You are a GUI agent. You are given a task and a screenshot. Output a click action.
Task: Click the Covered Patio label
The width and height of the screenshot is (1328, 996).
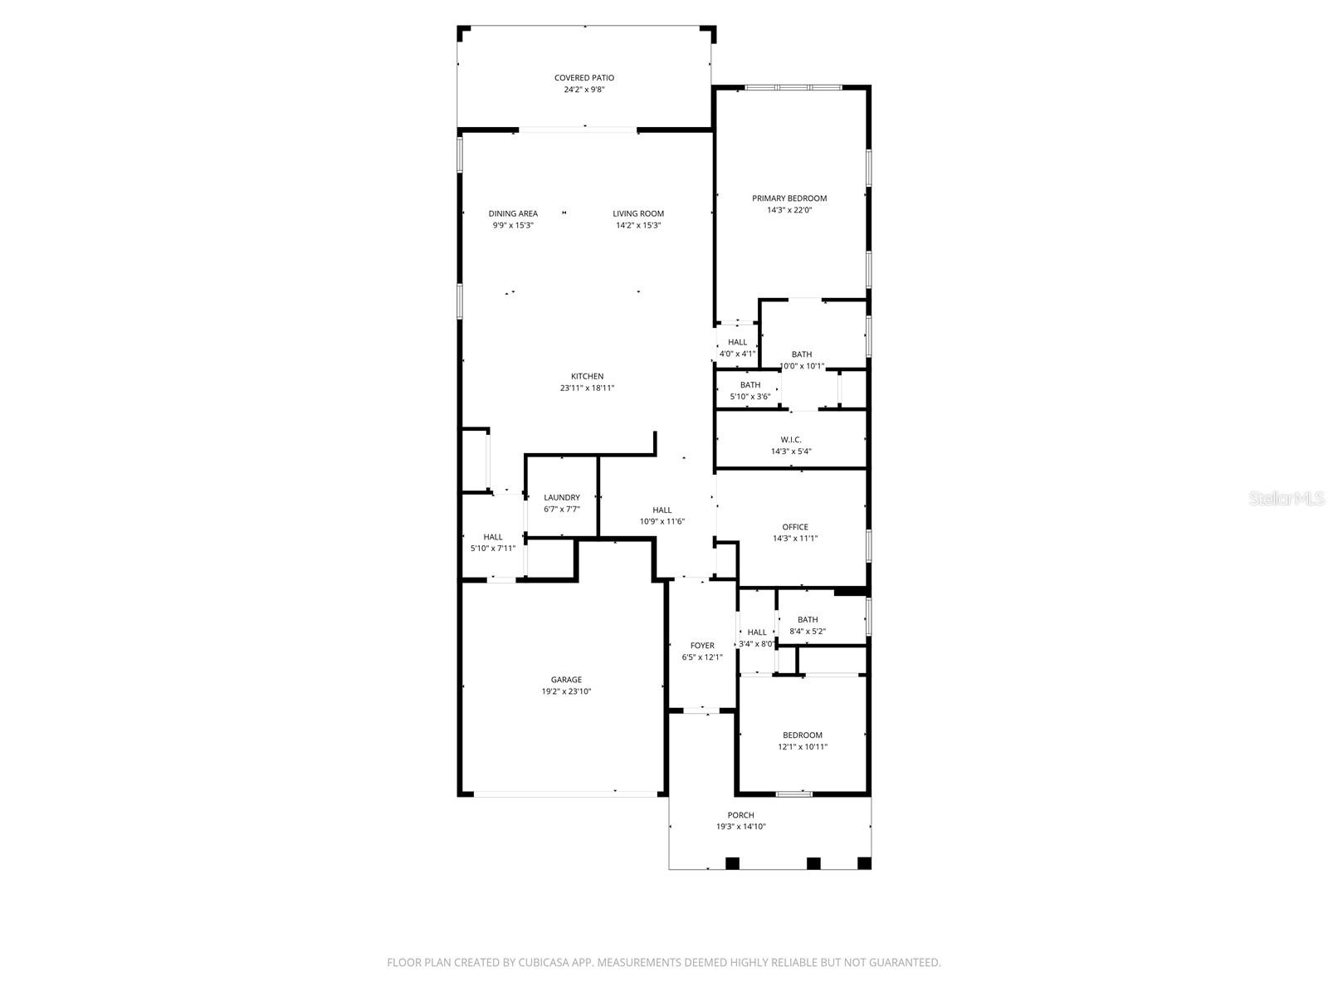coord(583,78)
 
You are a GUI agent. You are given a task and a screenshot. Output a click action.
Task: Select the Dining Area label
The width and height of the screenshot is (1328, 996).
coord(513,213)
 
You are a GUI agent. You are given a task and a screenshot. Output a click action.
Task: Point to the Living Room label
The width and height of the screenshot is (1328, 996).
coord(638,213)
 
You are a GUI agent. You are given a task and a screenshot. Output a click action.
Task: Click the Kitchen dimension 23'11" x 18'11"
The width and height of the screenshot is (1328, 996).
coord(587,388)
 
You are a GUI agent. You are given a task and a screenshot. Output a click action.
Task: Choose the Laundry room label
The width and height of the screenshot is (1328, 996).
coord(562,497)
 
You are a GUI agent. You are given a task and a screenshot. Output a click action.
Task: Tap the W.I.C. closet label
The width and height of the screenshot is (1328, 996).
coord(790,440)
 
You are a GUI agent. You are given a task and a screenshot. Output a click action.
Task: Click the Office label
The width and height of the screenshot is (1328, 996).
coord(794,527)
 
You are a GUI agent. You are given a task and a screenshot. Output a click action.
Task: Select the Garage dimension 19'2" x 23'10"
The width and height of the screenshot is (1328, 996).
coord(566,691)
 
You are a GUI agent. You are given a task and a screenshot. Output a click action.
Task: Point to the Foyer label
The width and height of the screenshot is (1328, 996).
coord(702,645)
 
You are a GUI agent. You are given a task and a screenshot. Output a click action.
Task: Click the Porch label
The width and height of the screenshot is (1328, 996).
coord(740,815)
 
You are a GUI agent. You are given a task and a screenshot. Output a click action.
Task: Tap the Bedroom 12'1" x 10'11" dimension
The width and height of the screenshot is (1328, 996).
coord(802,746)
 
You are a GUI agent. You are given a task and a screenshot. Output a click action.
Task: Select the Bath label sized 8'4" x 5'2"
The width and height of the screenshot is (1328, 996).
coord(807,619)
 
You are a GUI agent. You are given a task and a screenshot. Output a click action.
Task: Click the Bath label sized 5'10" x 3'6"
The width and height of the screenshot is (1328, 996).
coord(749,385)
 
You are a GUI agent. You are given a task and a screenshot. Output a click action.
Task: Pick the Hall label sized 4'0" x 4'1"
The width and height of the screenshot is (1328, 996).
coord(737,342)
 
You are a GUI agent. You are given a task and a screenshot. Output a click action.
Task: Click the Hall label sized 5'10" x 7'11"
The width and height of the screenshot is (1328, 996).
coord(492,537)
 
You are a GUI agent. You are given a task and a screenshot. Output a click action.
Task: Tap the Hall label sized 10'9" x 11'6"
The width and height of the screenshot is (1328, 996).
coord(662,510)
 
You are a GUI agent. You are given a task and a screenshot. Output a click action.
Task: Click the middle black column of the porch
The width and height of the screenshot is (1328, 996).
coord(813,863)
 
